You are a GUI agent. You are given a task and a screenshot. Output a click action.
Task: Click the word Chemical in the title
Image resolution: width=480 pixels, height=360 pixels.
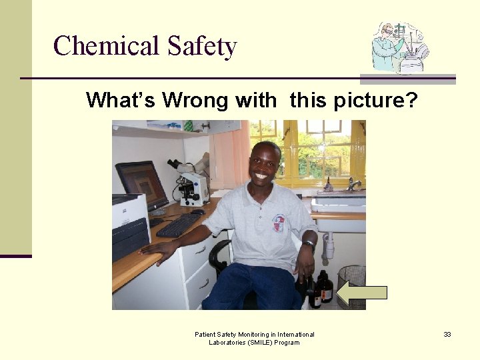coord(106,46)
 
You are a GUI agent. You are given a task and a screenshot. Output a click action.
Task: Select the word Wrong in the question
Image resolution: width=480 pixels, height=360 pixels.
coord(199,101)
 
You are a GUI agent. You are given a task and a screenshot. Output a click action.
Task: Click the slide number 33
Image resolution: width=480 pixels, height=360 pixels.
coord(447,334)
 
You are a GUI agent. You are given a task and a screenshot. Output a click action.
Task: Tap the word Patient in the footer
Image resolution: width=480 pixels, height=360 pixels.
coord(205,334)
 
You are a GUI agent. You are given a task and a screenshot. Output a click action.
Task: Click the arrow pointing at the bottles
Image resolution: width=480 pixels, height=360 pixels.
coord(361,292)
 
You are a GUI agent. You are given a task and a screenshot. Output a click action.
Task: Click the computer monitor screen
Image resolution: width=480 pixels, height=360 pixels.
coord(142,185)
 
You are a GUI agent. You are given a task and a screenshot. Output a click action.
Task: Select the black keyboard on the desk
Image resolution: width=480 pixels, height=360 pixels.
coord(177,225)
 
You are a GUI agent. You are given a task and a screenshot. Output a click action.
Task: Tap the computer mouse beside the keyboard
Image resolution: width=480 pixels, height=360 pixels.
coord(198,212)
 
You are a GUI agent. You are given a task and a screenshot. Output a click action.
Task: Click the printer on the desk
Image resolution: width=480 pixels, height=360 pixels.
coord(131,227)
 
